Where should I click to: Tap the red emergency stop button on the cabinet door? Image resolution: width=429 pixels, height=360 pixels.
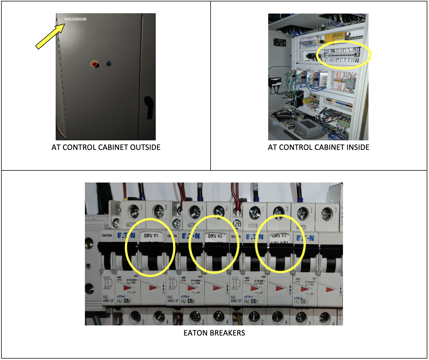tap(94, 64)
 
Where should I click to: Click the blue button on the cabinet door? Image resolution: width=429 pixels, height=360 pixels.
tap(108, 63)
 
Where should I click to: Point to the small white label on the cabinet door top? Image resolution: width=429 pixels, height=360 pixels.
tap(75, 19)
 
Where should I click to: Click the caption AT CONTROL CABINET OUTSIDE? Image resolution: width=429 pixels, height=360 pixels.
tap(106, 147)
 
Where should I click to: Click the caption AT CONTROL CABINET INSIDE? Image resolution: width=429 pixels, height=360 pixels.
tap(318, 147)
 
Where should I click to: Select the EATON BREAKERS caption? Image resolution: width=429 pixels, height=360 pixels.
tap(214, 333)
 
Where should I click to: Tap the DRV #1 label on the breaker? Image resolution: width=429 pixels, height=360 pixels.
tap(151, 235)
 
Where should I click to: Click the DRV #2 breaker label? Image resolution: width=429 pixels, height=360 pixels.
tap(215, 236)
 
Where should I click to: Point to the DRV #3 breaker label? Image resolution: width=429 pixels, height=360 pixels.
tap(279, 236)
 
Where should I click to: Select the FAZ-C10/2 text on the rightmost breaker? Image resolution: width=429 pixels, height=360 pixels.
tap(301, 302)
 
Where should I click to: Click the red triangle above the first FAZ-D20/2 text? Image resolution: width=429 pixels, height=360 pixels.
tap(127, 288)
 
